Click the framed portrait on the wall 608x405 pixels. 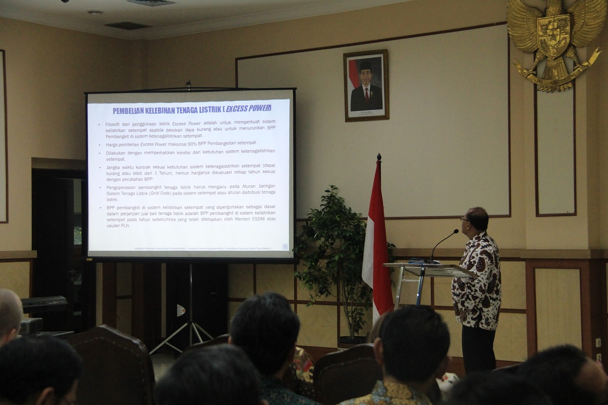[366, 85]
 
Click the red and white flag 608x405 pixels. [376, 238]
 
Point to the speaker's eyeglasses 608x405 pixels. [464, 219]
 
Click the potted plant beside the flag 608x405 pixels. [332, 253]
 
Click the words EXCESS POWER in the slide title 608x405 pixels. [248, 108]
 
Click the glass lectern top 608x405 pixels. [428, 269]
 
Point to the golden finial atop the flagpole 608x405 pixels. [378, 158]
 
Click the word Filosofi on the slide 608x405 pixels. [112, 124]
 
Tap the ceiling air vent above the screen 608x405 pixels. [128, 25]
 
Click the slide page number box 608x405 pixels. [285, 246]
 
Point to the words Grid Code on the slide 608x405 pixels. [159, 193]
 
